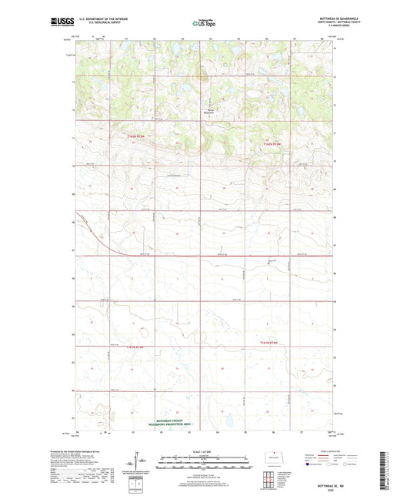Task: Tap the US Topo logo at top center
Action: click(x=202, y=24)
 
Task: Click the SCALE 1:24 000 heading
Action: click(x=205, y=451)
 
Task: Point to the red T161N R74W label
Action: click(x=271, y=341)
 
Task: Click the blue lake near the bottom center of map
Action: click(x=228, y=421)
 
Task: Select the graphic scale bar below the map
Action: click(x=205, y=465)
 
